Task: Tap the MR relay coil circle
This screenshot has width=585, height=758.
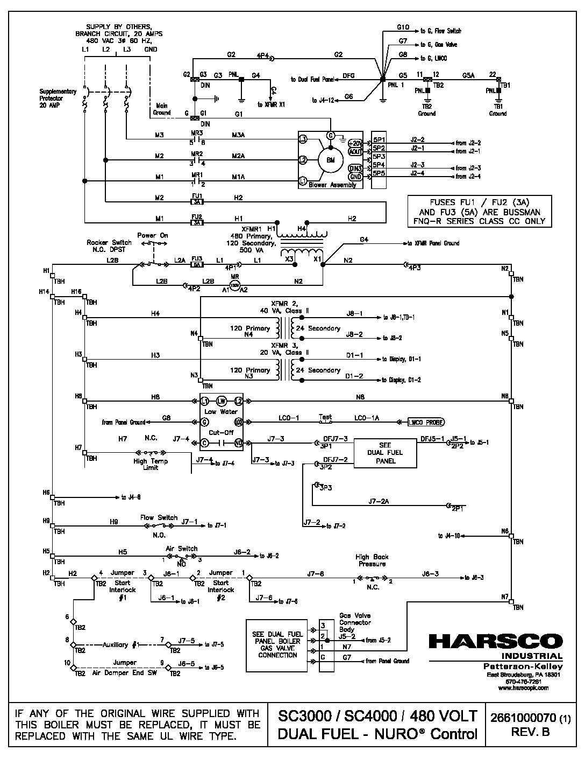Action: click(234, 285)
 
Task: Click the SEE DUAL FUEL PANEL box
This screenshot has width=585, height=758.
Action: click(385, 453)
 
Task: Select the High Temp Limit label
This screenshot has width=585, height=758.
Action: click(151, 464)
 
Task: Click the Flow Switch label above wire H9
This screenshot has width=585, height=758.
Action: click(159, 517)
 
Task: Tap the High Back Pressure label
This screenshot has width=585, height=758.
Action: click(372, 560)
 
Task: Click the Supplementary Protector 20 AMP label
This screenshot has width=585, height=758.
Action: click(58, 98)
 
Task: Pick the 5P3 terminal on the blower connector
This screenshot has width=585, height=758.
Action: click(379, 156)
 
